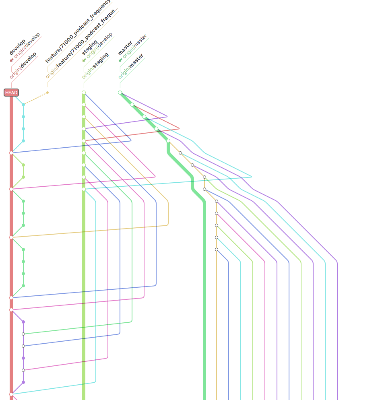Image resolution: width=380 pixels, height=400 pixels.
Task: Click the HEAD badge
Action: [11, 93]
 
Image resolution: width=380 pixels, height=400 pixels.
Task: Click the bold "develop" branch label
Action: [17, 47]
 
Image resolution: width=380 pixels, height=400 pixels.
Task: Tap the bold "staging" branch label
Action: [90, 47]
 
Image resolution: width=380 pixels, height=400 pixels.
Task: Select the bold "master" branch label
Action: [125, 48]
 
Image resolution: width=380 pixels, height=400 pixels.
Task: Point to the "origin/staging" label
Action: [95, 65]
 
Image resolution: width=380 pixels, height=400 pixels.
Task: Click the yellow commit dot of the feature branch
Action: [47, 93]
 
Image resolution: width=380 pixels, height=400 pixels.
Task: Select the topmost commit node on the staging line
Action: [84, 93]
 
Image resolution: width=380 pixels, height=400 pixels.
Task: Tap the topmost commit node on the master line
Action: [120, 93]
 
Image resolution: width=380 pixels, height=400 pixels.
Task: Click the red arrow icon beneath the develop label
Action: [11, 60]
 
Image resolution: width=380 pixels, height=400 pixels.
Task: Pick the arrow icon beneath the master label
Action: [120, 60]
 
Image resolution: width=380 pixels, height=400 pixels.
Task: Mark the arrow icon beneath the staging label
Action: [84, 60]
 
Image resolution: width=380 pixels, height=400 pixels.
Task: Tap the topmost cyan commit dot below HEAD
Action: [23, 105]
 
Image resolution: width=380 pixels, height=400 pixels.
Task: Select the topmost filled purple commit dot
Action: [23, 322]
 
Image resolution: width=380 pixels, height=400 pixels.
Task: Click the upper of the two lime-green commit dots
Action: [23, 165]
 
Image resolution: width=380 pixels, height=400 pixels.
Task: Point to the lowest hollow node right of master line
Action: [217, 249]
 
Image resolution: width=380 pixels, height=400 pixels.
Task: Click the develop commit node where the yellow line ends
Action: [11, 237]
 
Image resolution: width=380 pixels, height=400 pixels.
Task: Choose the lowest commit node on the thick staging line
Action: [84, 189]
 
